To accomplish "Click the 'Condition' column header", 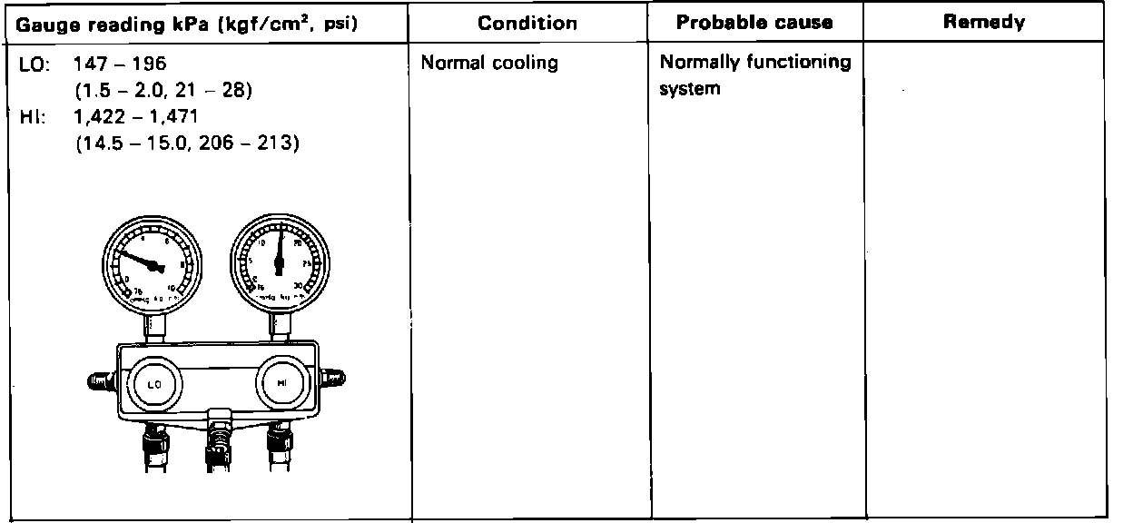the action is click(527, 23).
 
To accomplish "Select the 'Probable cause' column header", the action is click(754, 23).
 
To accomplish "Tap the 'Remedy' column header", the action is click(984, 23).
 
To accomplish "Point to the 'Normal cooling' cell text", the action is click(490, 64).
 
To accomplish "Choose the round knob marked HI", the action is click(279, 382).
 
